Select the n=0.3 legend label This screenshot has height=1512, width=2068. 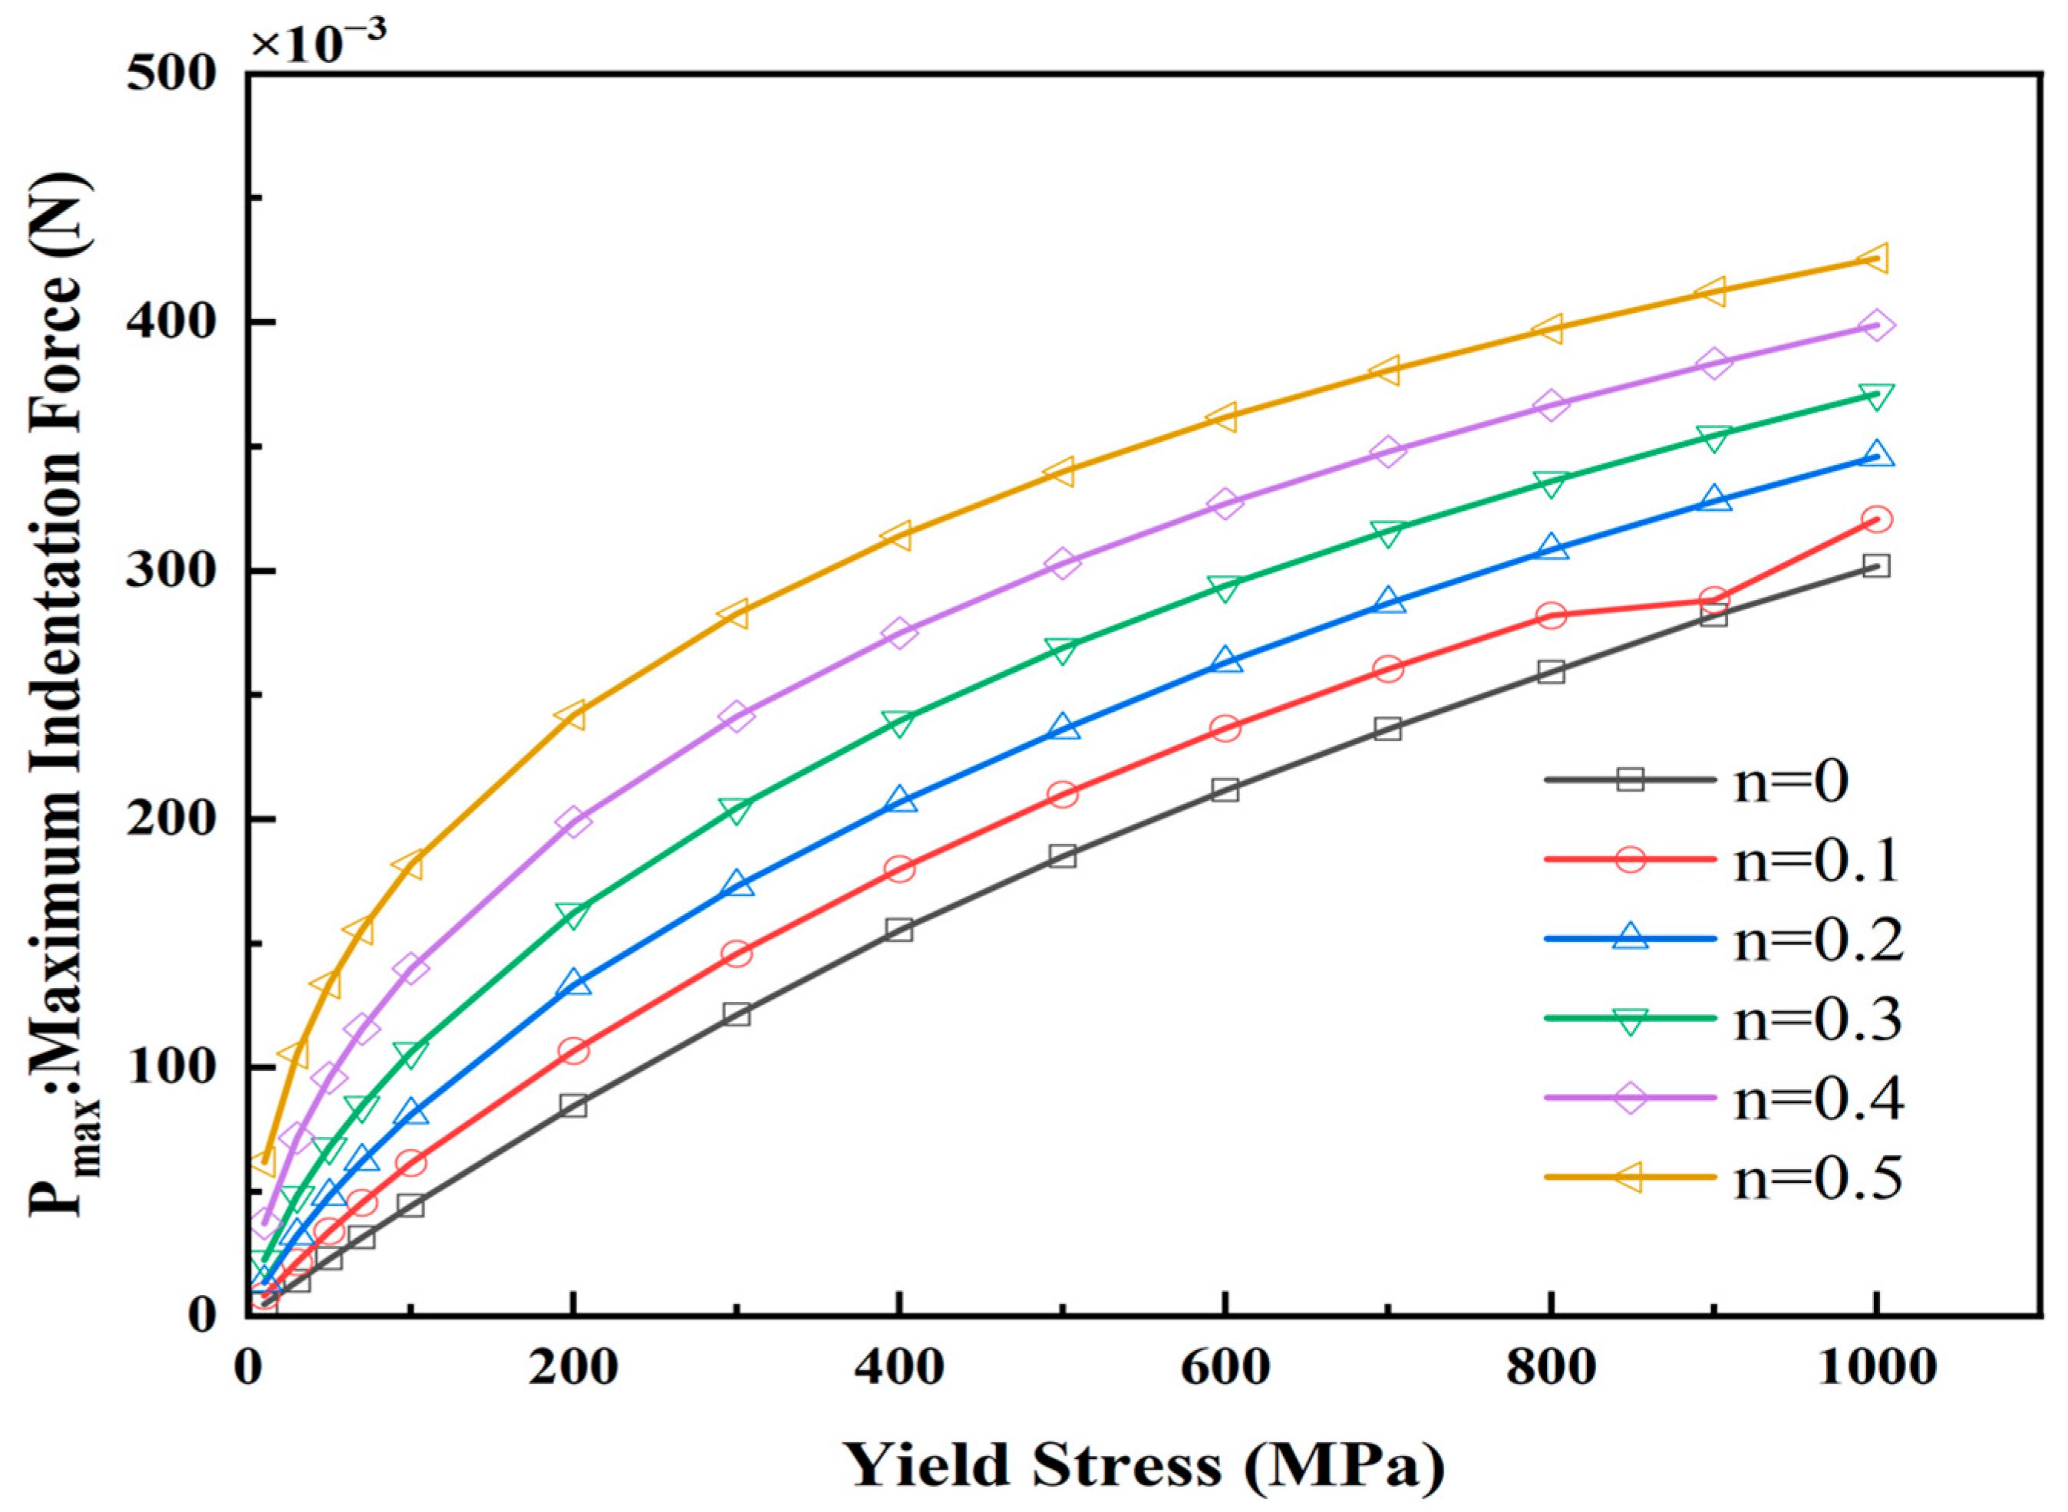[x=1818, y=1020]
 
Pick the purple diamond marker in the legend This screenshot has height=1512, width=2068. [x=1630, y=1098]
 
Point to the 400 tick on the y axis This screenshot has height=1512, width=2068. [x=170, y=323]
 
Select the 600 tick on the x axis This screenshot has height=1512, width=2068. [x=1224, y=1367]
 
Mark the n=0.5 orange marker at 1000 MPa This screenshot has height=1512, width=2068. [x=1875, y=259]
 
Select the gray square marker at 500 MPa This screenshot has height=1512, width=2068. [x=1062, y=857]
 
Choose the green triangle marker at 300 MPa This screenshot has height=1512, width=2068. [x=736, y=810]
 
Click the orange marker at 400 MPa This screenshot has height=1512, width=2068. [x=899, y=535]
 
